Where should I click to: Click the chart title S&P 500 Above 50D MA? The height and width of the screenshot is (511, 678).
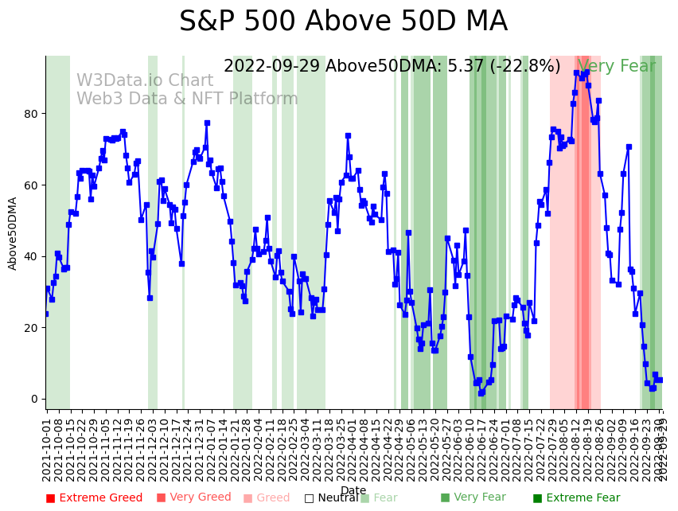[343, 21]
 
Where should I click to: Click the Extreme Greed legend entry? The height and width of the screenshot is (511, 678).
[94, 498]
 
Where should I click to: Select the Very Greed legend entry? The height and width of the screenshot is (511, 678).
[193, 498]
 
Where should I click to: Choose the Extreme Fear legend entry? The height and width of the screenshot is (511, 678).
[576, 498]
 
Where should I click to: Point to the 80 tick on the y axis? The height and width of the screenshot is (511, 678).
[32, 114]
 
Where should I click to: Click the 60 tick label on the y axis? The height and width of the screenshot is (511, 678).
[32, 185]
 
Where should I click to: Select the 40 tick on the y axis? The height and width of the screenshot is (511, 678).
[32, 256]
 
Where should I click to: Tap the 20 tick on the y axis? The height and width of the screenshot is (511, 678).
[32, 328]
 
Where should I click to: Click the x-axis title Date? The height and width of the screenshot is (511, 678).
[353, 491]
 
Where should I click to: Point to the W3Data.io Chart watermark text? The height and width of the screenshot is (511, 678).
[145, 81]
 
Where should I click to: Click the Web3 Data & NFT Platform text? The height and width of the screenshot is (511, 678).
[187, 99]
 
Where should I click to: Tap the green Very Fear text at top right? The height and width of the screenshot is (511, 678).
[617, 67]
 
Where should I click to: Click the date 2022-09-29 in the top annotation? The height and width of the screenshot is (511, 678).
[271, 67]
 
